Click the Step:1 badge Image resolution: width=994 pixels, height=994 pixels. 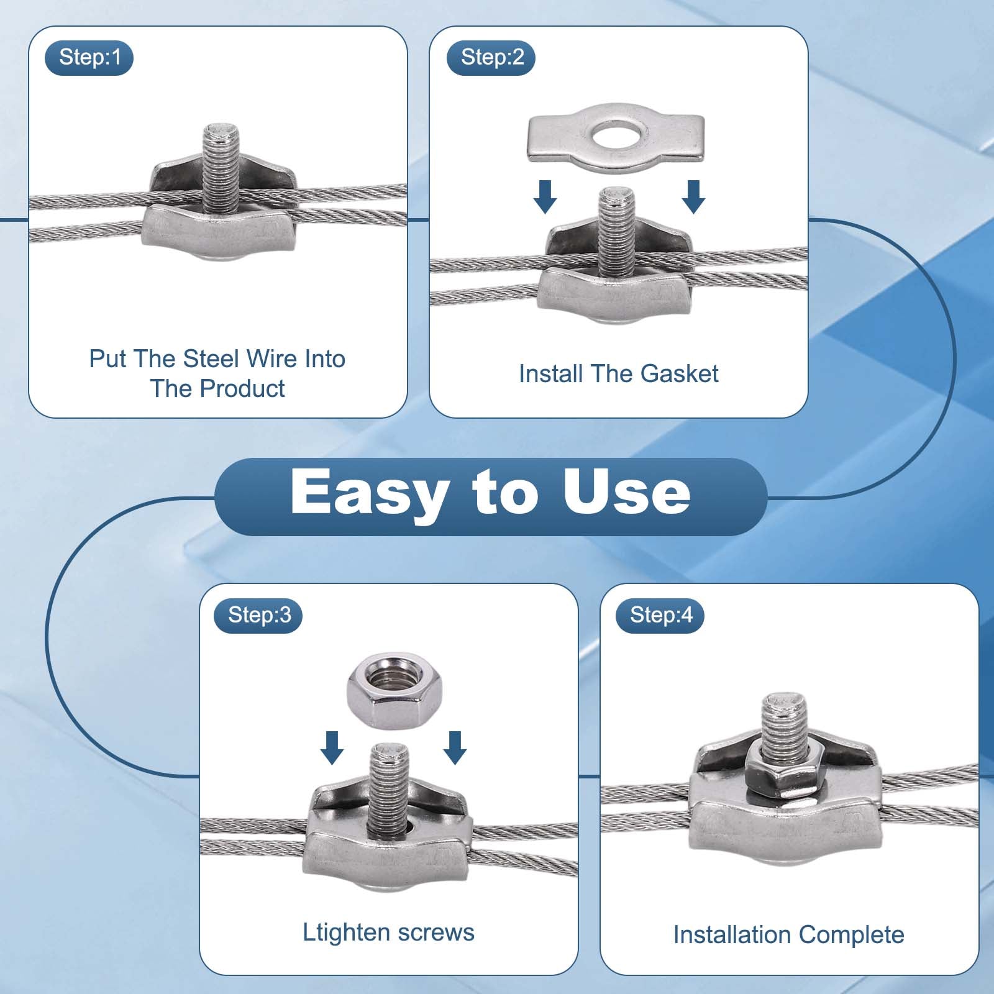tap(89, 58)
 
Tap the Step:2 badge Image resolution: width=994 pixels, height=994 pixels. tap(491, 58)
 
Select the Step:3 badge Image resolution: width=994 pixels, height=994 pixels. tap(258, 615)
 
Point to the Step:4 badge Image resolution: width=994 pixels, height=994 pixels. tap(660, 615)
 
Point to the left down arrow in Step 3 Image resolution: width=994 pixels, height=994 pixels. tap(332, 747)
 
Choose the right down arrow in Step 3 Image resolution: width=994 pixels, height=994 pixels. tap(455, 747)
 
